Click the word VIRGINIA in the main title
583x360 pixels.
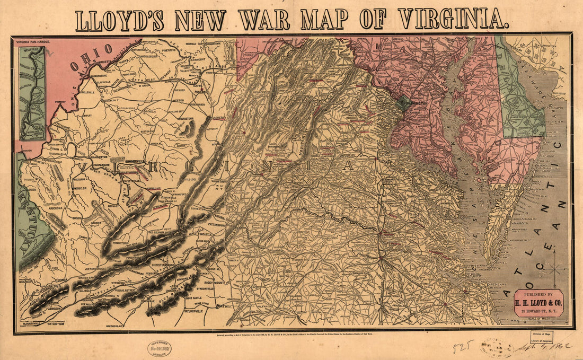point(452,19)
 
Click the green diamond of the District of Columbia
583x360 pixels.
point(404,102)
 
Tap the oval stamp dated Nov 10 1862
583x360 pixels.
point(159,348)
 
